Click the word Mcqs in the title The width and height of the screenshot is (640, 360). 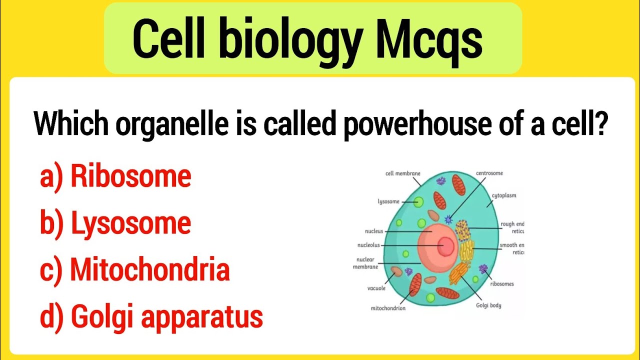coord(429,40)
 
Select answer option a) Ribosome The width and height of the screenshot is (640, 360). coord(115,176)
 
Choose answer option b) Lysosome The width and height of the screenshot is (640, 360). coord(115,223)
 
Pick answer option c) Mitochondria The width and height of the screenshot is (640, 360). coord(135,269)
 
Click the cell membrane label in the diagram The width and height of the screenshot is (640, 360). coord(402,173)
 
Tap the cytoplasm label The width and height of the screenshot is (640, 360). coord(503,195)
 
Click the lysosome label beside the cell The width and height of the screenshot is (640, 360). coord(388,201)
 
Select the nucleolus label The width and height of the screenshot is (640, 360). coord(368,245)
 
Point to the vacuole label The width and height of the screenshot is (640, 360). coord(376,288)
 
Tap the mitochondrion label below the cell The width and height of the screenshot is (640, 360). coord(388,308)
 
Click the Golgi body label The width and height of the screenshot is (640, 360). coord(488,305)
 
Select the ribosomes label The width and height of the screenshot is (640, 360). coord(501,283)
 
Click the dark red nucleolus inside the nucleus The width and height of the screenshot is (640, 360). coord(445,245)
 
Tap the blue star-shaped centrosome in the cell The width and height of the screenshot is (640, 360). coord(448,219)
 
